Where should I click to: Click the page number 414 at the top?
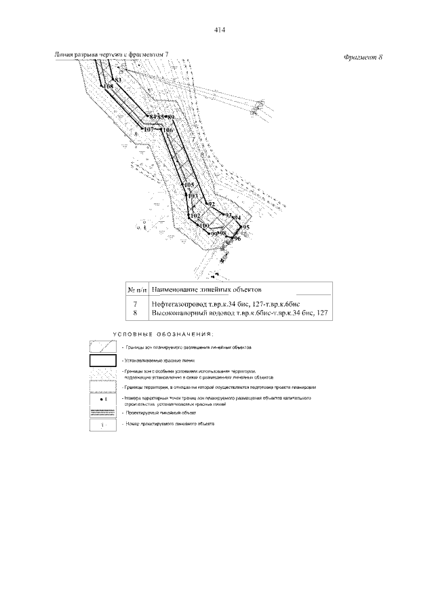[218, 30]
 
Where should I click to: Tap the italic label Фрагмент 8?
[363, 56]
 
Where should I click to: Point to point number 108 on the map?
[108, 87]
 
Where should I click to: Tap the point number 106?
[167, 130]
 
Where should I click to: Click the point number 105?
[189, 185]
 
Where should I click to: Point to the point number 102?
[195, 215]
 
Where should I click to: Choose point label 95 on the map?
[245, 227]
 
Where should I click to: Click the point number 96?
[237, 239]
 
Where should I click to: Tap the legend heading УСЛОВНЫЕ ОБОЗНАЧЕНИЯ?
[162, 334]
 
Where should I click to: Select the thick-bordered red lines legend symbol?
[102, 360]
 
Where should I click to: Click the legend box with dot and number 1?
[102, 399]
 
